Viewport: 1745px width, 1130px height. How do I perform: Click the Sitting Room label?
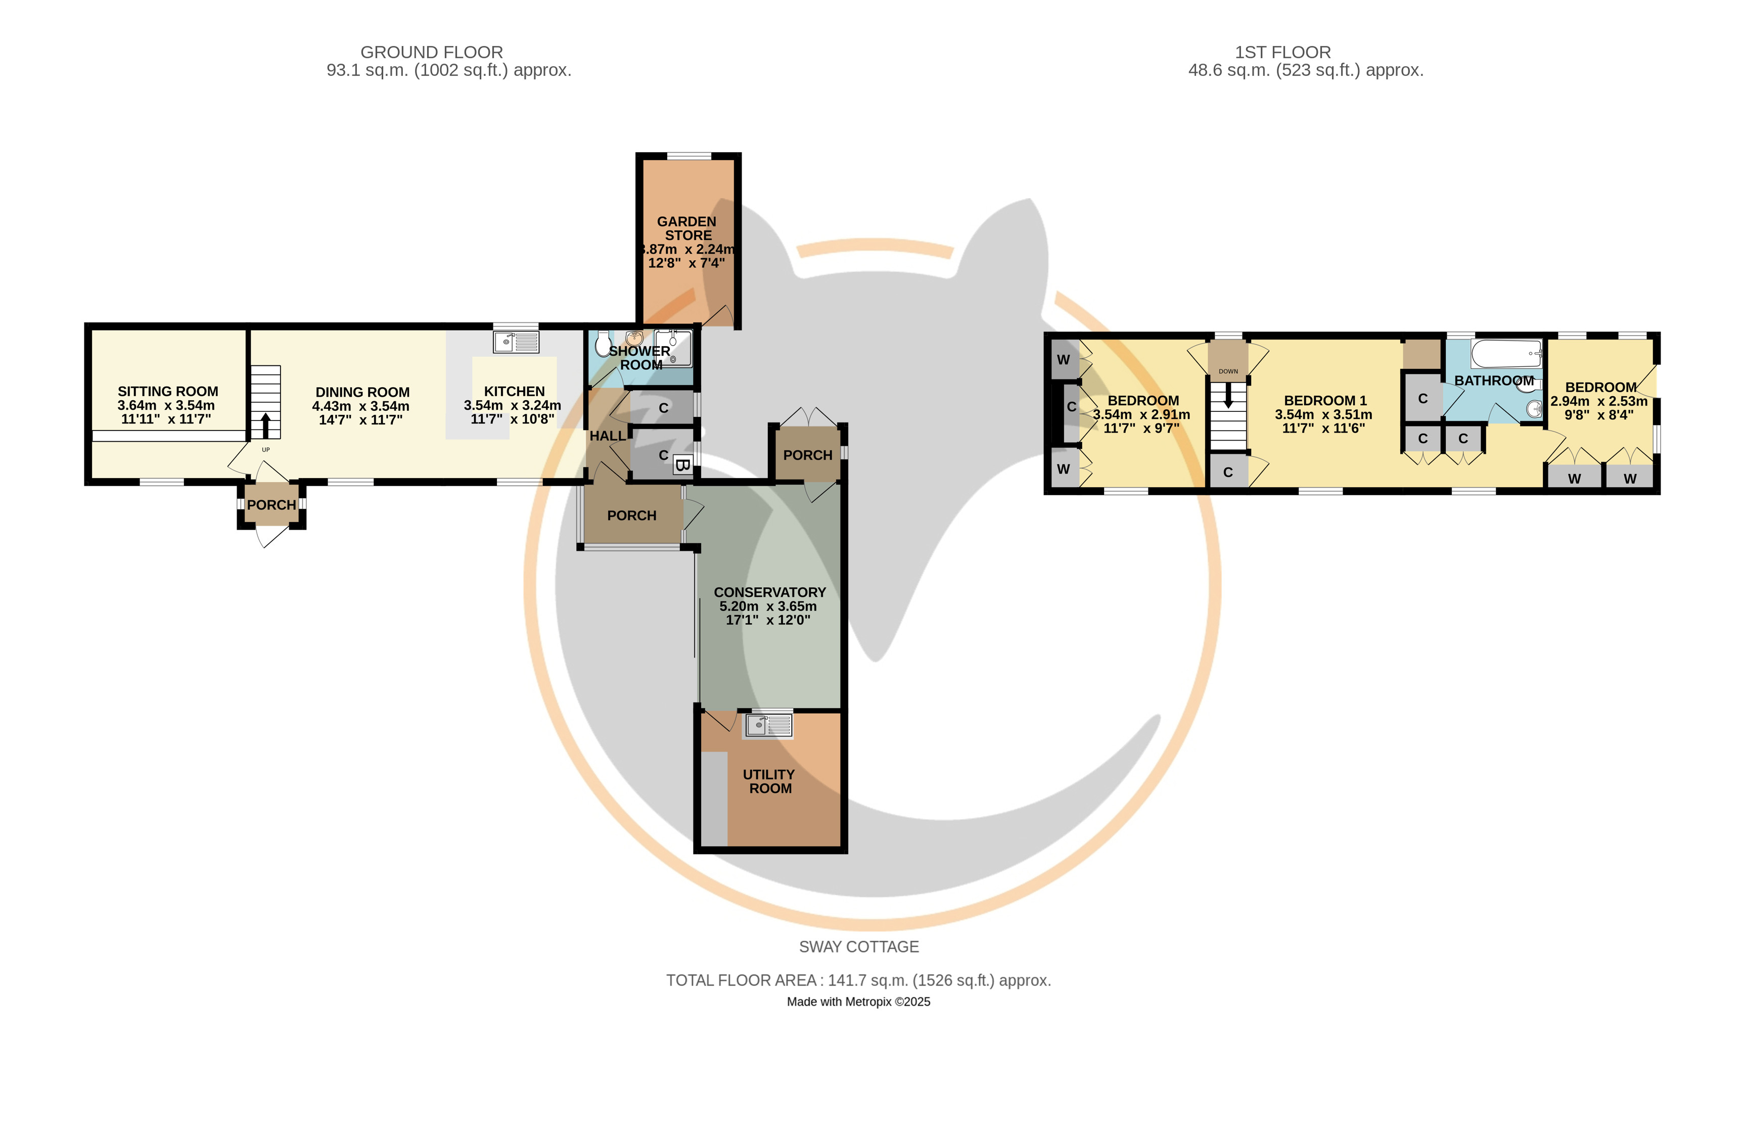tap(168, 391)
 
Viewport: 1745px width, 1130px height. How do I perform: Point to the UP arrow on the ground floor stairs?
tap(265, 426)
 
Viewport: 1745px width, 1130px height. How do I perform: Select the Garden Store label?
tap(687, 228)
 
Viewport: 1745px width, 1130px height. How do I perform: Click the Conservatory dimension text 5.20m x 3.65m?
tap(768, 606)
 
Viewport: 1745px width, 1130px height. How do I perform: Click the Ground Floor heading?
tap(432, 53)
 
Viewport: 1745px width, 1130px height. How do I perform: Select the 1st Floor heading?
tap(1283, 53)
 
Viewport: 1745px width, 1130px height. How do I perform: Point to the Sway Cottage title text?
tap(858, 947)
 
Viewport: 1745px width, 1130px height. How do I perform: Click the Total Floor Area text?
tap(858, 980)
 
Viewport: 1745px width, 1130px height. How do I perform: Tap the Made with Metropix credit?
tap(858, 1002)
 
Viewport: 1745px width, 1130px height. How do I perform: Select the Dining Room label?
tap(363, 392)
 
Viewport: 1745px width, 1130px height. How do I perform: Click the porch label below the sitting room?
tap(271, 505)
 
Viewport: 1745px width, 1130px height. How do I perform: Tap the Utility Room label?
tap(769, 781)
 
